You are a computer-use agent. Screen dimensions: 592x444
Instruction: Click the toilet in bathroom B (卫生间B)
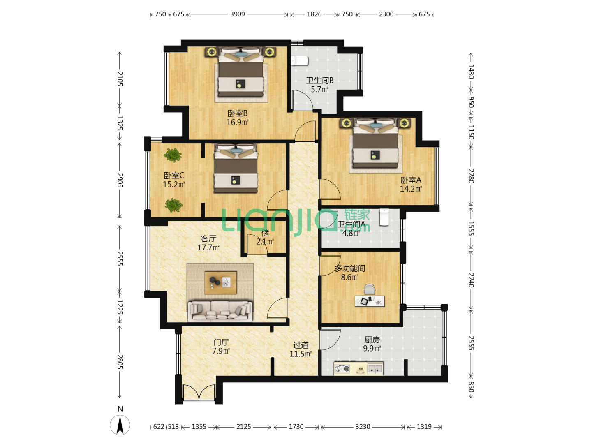click(299, 61)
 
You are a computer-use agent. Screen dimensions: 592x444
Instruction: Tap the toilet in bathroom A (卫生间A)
click(384, 217)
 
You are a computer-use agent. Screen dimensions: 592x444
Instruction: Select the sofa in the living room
click(220, 311)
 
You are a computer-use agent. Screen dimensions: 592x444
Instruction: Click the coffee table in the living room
click(220, 282)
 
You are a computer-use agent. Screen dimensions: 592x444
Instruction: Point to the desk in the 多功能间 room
click(370, 301)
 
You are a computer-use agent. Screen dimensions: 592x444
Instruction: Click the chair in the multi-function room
click(369, 289)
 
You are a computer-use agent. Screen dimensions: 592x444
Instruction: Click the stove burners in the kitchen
click(342, 368)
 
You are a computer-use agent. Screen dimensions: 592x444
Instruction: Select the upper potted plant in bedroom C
click(173, 155)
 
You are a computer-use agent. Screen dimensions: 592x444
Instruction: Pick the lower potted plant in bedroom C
click(173, 205)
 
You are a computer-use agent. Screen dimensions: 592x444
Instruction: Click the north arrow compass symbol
click(120, 425)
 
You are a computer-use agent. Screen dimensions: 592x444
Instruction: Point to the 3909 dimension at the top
click(237, 14)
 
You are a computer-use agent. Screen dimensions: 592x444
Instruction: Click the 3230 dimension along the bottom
click(363, 426)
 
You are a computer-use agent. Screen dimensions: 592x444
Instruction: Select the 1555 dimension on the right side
click(471, 228)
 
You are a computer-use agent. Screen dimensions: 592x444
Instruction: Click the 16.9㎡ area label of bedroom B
click(237, 122)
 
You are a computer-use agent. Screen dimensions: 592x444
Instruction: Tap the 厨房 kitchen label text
click(372, 340)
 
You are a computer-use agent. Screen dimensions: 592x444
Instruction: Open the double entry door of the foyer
click(199, 393)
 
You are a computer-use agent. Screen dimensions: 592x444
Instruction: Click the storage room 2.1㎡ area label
click(265, 242)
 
